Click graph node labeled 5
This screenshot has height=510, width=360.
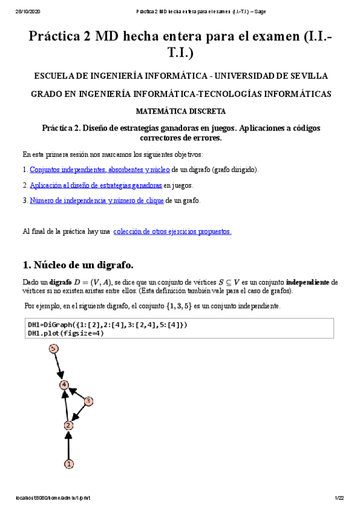pos(53,349)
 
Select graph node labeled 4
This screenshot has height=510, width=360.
pos(64,384)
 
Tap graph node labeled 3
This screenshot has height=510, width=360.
pos(88,401)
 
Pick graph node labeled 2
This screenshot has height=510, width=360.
pos(69,425)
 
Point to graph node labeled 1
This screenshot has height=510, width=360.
pos(69,464)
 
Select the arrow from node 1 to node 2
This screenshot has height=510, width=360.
pos(69,445)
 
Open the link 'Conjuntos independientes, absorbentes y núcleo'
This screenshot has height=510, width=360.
pos(100,170)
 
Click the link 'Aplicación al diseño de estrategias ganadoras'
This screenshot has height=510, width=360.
pos(96,185)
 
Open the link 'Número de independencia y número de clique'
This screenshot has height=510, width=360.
pos(97,201)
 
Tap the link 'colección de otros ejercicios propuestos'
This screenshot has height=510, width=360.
pos(172,231)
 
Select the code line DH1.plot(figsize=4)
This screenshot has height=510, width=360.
pos(66,333)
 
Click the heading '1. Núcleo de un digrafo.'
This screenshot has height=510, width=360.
pos(78,265)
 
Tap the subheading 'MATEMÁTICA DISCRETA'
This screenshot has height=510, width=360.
pos(180,111)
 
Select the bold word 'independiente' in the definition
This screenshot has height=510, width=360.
pos(308,282)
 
